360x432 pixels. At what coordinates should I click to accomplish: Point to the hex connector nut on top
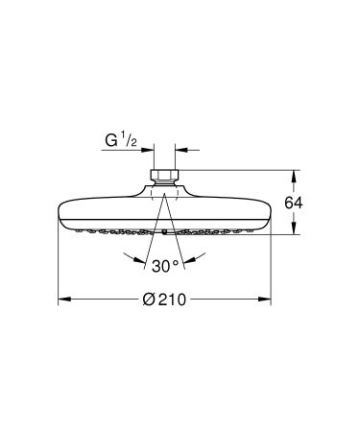pos(164,177)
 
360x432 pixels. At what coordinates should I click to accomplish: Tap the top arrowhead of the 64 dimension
pos(296,175)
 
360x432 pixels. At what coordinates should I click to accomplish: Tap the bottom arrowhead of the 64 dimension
pos(296,230)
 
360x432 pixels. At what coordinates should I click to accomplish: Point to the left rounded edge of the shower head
pos(62,212)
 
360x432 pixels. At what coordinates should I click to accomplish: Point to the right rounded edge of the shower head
pos(268,212)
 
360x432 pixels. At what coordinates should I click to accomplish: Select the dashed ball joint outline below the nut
pos(164,193)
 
